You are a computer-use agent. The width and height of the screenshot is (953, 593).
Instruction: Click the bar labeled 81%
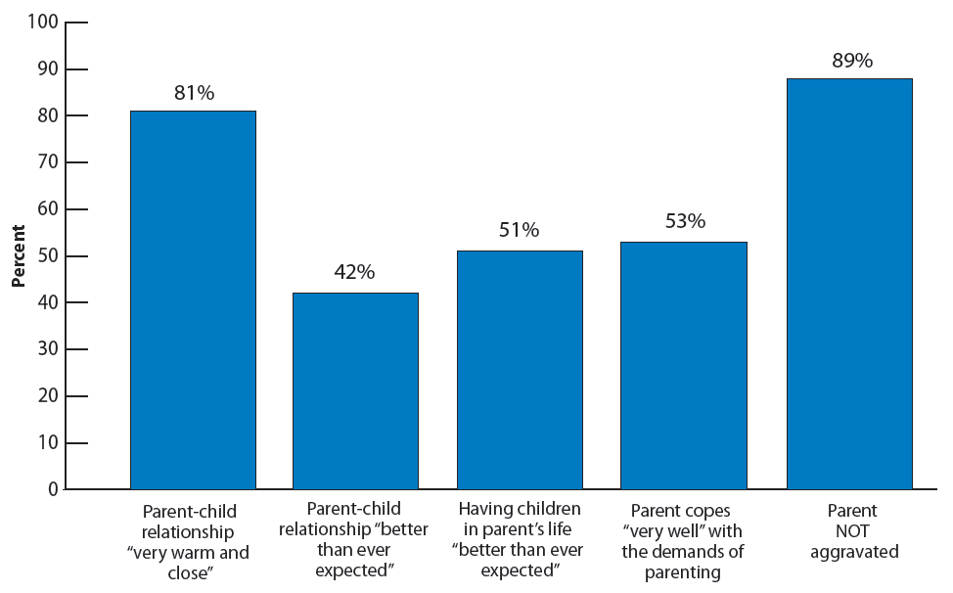tap(193, 299)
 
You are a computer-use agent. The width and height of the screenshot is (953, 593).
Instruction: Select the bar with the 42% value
tap(356, 390)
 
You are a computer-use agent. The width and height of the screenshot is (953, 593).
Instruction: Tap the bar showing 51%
tap(520, 370)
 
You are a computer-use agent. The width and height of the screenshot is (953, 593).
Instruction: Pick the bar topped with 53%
tap(684, 365)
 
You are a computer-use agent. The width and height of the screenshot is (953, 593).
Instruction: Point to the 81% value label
tap(193, 93)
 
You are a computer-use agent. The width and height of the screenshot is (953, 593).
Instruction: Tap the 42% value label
tap(354, 273)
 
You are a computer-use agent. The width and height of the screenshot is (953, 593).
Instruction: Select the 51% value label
tap(519, 230)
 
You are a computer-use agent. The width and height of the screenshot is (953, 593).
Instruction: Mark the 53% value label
tap(684, 221)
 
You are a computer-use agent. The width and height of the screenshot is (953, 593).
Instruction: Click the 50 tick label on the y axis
tap(47, 255)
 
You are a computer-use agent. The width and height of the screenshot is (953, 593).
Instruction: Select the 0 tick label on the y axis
tap(53, 489)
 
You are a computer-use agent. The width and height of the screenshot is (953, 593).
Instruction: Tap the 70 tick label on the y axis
tap(47, 162)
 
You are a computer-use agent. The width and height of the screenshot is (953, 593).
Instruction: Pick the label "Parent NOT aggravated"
tap(849, 531)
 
